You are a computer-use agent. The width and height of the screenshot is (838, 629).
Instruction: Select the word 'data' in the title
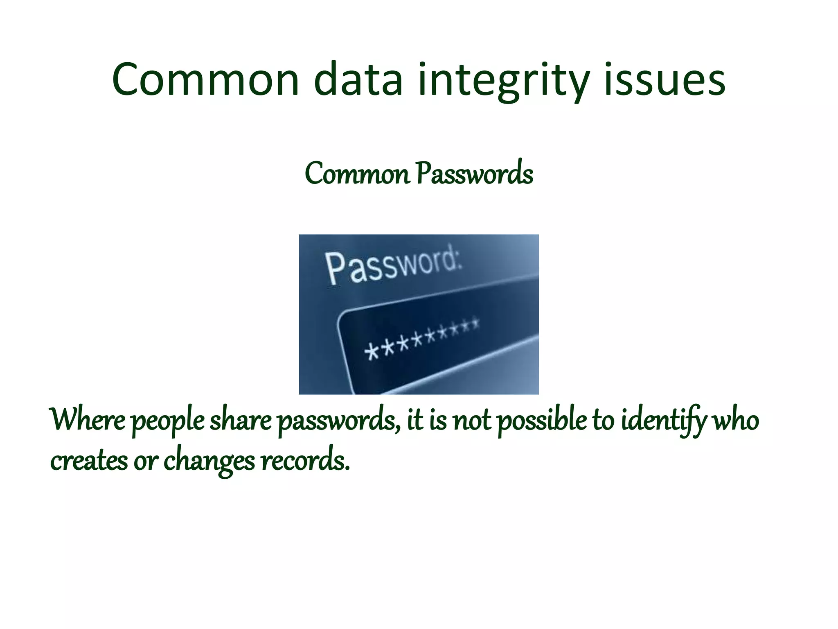click(x=359, y=80)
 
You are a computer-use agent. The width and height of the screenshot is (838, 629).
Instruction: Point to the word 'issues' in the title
click(x=665, y=80)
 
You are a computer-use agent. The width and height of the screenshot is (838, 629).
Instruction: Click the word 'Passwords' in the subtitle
click(x=475, y=174)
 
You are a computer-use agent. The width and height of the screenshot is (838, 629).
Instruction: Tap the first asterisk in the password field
click(x=371, y=352)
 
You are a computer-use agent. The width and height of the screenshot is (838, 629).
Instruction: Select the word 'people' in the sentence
click(x=168, y=422)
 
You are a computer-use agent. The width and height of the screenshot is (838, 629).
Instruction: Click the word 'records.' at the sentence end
click(x=305, y=461)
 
